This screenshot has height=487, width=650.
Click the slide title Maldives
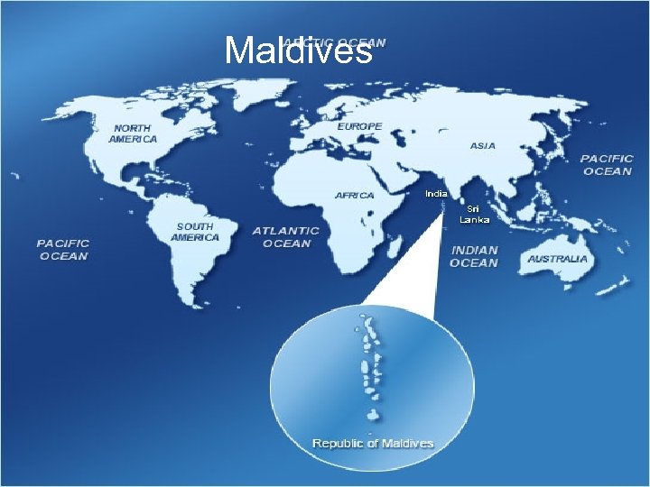coord(298,51)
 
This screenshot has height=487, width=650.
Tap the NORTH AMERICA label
coord(133,134)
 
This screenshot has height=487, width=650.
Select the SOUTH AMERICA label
coord(195,232)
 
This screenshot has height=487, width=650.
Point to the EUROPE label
coord(360,127)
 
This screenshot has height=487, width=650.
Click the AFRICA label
coord(355,195)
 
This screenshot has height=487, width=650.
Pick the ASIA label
coord(483,146)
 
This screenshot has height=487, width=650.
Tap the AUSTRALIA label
coord(557,259)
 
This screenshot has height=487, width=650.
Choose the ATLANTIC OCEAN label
coord(286,237)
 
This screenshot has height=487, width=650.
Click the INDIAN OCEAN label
coord(474,256)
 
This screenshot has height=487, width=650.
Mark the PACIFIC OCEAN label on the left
coord(63,249)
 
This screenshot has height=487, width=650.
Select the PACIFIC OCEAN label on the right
coord(607,164)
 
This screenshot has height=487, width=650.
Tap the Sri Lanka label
coord(474,214)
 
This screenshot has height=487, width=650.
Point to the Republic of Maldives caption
coord(373,443)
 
